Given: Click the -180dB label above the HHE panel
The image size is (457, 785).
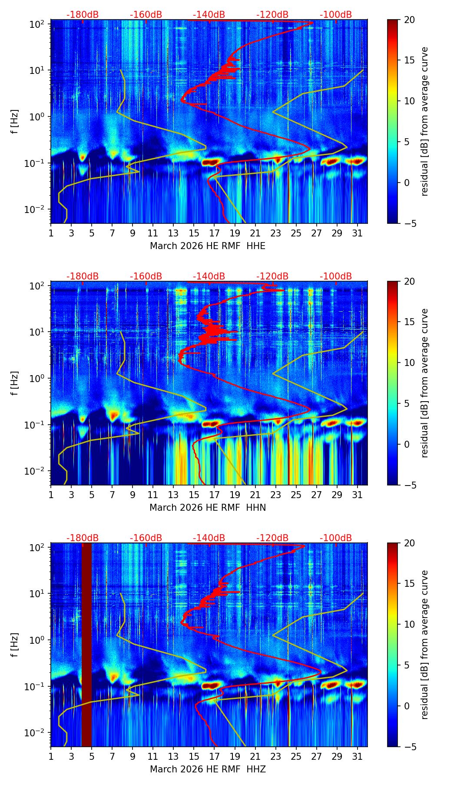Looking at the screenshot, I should pyautogui.click(x=83, y=15).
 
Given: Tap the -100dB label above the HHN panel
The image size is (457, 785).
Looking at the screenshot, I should pyautogui.click(x=336, y=276).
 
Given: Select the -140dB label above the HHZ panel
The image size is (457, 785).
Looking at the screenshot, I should pyautogui.click(x=209, y=538).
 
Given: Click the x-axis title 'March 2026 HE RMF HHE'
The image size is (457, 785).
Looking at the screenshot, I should pyautogui.click(x=208, y=246).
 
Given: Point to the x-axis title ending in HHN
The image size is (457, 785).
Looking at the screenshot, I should pyautogui.click(x=208, y=508).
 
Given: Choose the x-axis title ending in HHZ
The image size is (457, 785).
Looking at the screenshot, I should pyautogui.click(x=208, y=769).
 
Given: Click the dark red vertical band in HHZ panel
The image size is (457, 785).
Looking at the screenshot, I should pyautogui.click(x=86, y=643).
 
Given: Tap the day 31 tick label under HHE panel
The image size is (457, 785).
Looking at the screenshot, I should pyautogui.click(x=357, y=233).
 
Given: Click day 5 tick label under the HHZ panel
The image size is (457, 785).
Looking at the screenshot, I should pyautogui.click(x=92, y=756).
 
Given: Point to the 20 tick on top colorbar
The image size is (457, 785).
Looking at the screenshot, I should pyautogui.click(x=409, y=20).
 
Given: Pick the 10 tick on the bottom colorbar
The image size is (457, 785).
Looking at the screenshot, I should pyautogui.click(x=409, y=624).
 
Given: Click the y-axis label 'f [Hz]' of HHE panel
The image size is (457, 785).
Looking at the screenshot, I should pyautogui.click(x=15, y=121).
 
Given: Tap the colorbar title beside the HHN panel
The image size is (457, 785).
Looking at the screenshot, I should pyautogui.click(x=425, y=383).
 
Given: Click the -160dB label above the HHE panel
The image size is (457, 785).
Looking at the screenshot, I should pyautogui.click(x=146, y=15).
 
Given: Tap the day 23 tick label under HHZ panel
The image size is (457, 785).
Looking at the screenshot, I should pyautogui.click(x=275, y=756).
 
